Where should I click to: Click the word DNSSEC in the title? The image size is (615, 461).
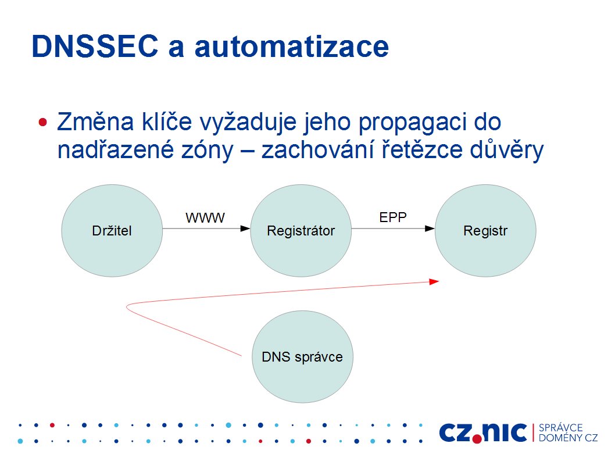pos(95,47)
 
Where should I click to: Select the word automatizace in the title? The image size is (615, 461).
pos(291,47)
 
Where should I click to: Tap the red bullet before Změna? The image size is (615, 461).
pos(43,122)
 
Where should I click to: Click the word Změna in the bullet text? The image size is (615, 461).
pos(95,121)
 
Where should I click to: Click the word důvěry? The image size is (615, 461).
pos(506,151)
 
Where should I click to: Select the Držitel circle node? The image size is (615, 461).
pos(112,231)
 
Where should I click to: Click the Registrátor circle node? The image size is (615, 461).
pos(301,231)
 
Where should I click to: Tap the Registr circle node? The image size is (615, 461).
pos(485,231)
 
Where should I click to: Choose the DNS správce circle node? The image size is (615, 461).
pos(302,356)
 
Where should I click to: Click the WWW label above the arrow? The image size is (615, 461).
pos(205,218)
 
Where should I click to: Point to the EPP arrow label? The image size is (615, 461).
pos(393,217)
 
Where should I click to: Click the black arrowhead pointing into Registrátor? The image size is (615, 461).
pos(245,228)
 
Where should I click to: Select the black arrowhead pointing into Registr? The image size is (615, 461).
pos(430,228)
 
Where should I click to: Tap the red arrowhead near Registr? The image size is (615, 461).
pos(434,282)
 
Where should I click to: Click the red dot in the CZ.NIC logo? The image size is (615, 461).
pos(477,439)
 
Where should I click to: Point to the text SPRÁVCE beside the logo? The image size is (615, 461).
pos(560,428)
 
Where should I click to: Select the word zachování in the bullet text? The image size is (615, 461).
pos(318,150)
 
